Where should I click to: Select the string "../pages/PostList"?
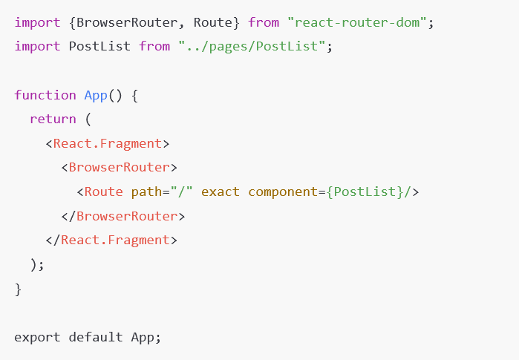tap(252, 46)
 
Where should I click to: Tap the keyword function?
tap(45, 95)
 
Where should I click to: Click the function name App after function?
tap(96, 95)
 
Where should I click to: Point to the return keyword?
tap(53, 119)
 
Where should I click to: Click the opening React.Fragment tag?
tap(107, 143)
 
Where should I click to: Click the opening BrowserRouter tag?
tap(119, 168)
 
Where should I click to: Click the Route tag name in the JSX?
tap(103, 192)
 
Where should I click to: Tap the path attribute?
tap(146, 192)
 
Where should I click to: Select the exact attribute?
tap(221, 192)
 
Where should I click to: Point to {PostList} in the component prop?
tap(365, 192)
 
